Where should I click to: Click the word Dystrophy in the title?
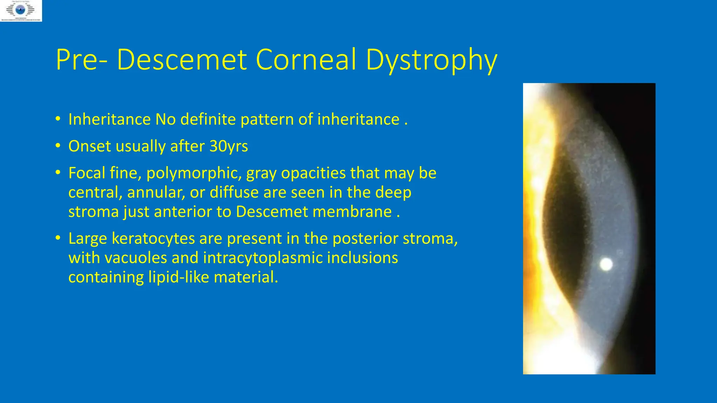coord(431,60)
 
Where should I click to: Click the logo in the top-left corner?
coord(21,11)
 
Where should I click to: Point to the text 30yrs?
coord(229,146)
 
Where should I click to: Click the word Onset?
coord(89,146)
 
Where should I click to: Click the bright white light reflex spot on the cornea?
coord(606,264)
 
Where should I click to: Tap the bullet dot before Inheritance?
coord(58,119)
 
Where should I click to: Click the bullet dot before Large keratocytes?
coord(58,238)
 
